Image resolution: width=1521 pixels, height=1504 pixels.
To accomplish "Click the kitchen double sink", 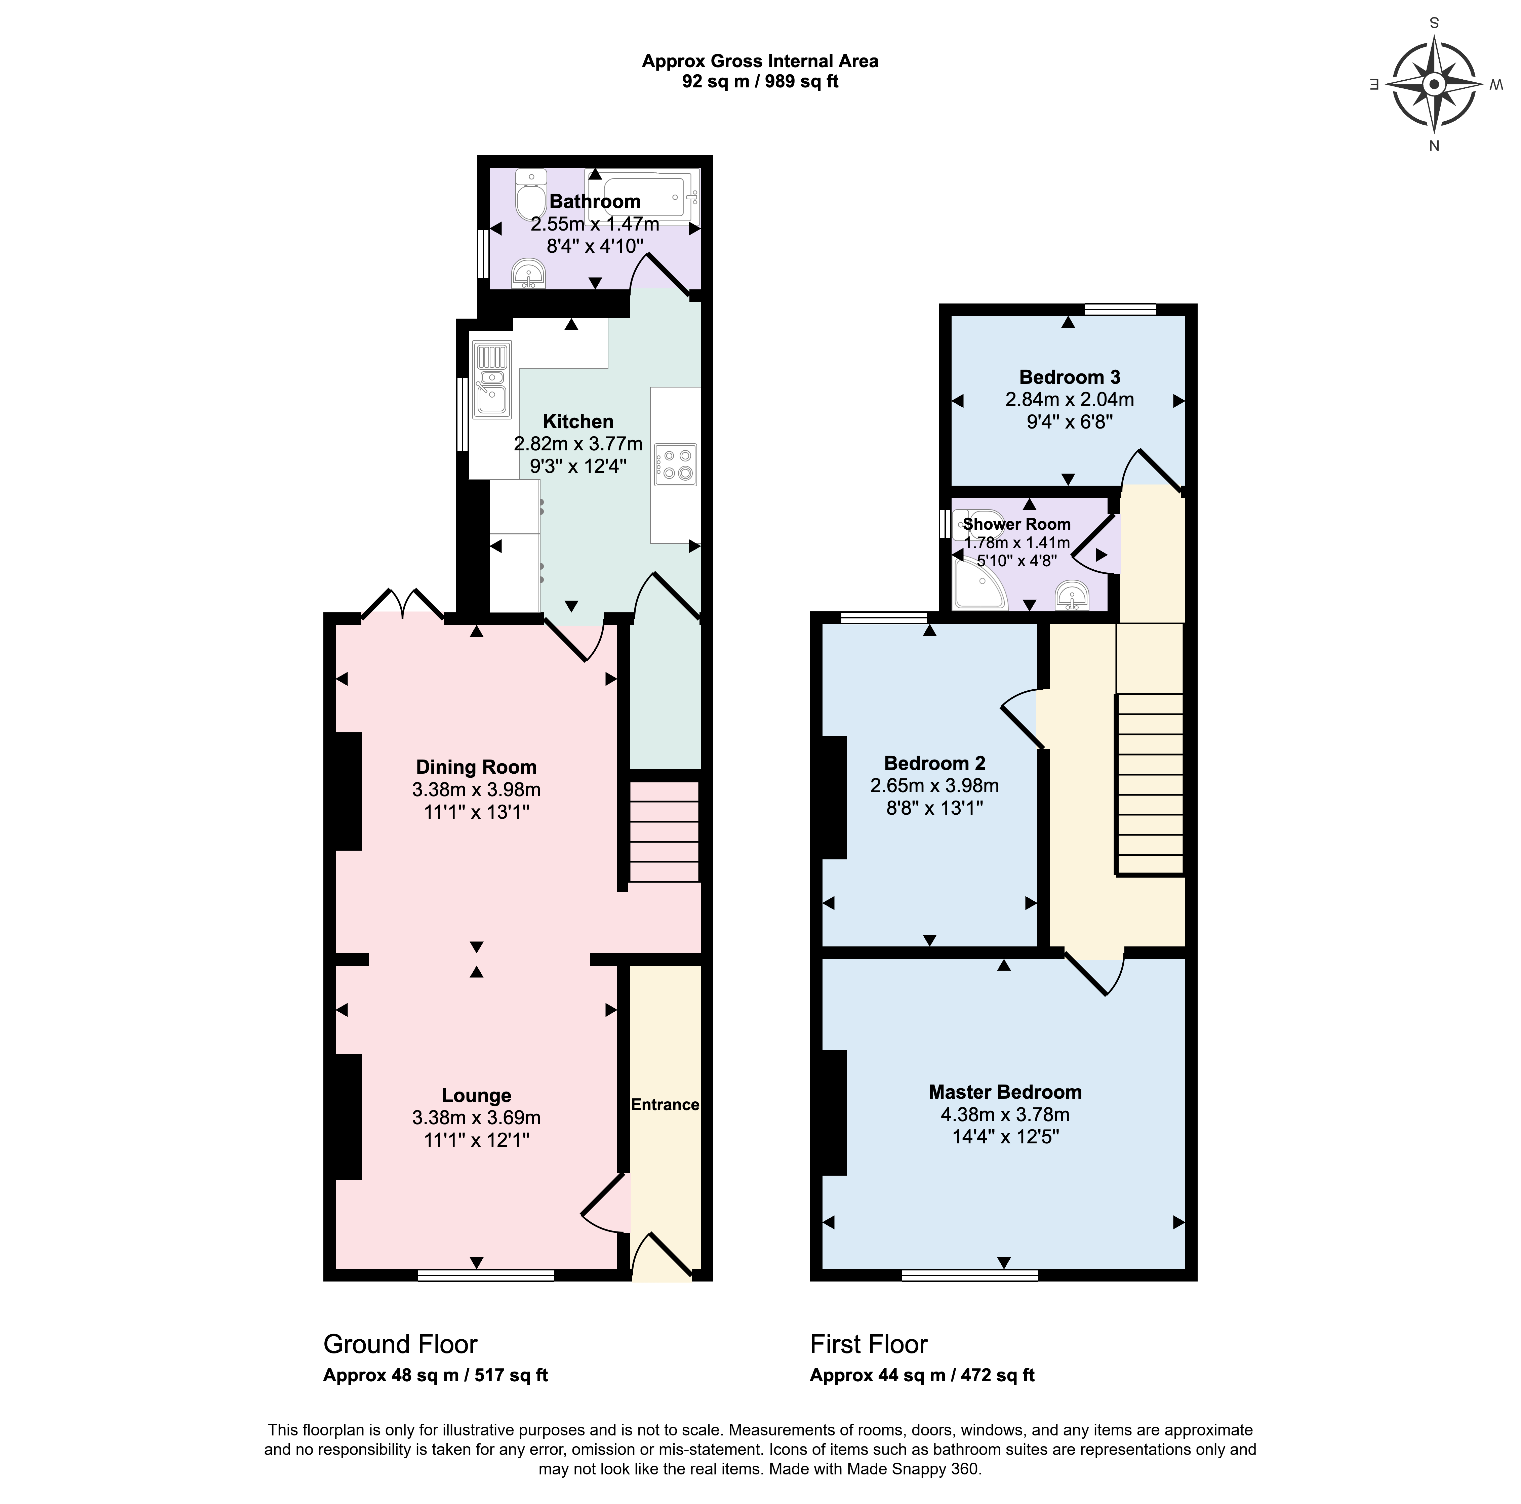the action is (x=492, y=379).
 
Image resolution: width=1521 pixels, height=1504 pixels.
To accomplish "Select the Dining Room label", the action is (x=476, y=767).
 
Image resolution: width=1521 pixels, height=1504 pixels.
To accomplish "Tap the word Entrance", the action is (x=665, y=1104).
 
